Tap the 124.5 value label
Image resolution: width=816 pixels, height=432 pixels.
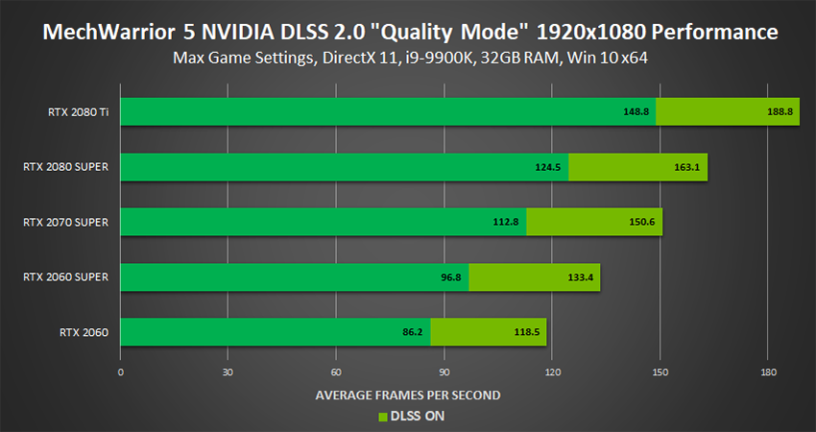(x=548, y=167)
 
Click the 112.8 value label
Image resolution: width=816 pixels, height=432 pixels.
(x=506, y=222)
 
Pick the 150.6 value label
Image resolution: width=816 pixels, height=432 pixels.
(x=642, y=222)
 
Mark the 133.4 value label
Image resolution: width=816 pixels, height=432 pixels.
(x=580, y=277)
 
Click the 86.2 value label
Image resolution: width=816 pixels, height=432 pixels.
(x=413, y=333)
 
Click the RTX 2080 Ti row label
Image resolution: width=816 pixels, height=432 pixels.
(x=78, y=111)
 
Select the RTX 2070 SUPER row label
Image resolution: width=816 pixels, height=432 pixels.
(x=65, y=222)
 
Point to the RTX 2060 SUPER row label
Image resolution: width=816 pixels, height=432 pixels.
(x=65, y=277)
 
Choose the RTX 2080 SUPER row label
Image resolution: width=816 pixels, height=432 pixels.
(x=65, y=167)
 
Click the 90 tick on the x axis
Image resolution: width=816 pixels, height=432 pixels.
(x=444, y=372)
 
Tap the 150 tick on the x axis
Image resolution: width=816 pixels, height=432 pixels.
(x=659, y=372)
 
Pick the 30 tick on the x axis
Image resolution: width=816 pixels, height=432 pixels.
(x=228, y=372)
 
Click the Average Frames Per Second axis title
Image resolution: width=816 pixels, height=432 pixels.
(x=408, y=395)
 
